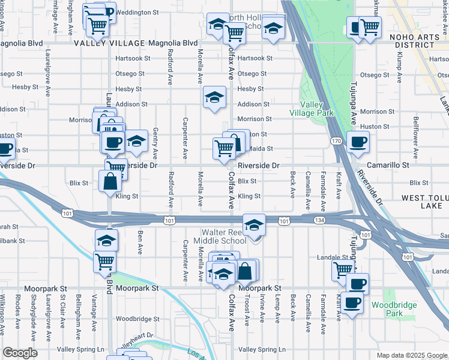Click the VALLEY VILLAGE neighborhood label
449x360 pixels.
point(109,43)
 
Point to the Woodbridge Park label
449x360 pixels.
point(393,309)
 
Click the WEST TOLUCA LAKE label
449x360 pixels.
point(422,202)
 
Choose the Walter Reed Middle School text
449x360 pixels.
point(224,236)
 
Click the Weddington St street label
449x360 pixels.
point(137,12)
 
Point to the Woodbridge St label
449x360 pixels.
point(137,319)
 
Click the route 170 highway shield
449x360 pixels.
point(336,141)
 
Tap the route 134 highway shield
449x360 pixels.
point(319,221)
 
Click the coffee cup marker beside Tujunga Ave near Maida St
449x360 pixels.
point(358,142)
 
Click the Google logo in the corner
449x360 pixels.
point(20,353)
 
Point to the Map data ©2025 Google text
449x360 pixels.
point(411,355)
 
